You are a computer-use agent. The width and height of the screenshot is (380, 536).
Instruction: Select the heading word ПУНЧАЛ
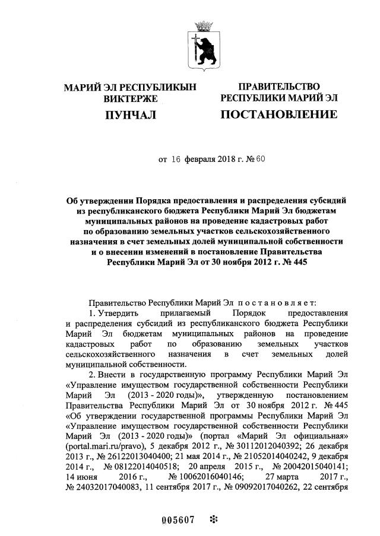pyautogui.click(x=129, y=114)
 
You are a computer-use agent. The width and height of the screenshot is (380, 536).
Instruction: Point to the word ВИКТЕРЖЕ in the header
pyautogui.click(x=129, y=98)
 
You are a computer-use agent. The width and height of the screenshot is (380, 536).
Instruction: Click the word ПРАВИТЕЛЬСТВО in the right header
pyautogui.click(x=279, y=87)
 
